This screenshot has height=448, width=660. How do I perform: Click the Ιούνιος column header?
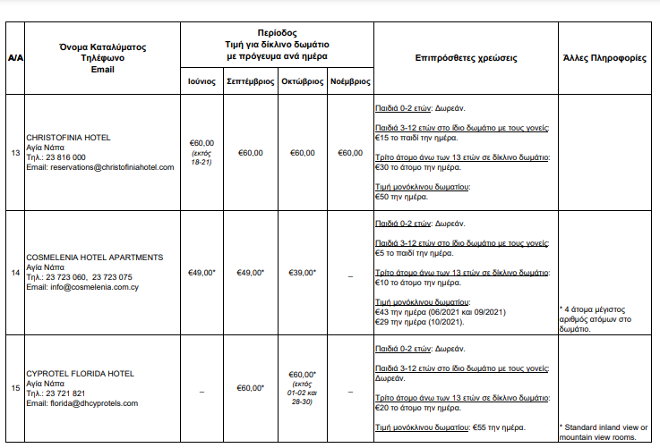pos(201,80)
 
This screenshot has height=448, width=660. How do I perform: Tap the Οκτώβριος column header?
pos(302,80)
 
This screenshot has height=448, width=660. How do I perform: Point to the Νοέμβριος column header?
pos(350,80)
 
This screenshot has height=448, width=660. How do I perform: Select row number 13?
pos(15,153)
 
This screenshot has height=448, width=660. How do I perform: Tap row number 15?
pos(15,388)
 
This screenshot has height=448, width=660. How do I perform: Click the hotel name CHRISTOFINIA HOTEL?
pos(68,138)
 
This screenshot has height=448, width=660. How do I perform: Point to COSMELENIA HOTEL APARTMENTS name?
pos(95,257)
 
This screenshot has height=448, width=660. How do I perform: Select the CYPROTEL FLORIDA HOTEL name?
pos(80,373)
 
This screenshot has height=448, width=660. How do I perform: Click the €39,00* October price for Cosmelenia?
pos(303,272)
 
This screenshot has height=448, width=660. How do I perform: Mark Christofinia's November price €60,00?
pos(350,153)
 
